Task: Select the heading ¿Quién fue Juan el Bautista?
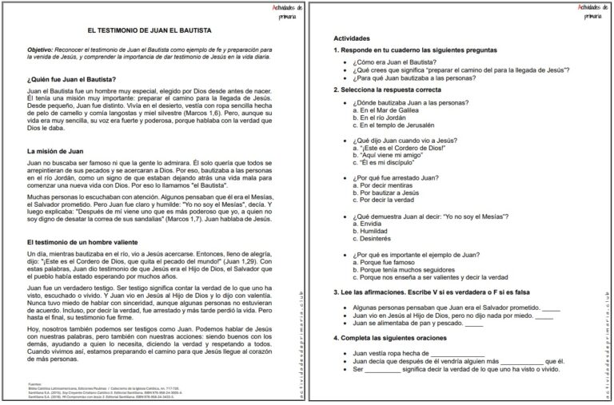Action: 71,78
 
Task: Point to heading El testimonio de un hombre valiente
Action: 86,241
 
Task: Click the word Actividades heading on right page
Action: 352,38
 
